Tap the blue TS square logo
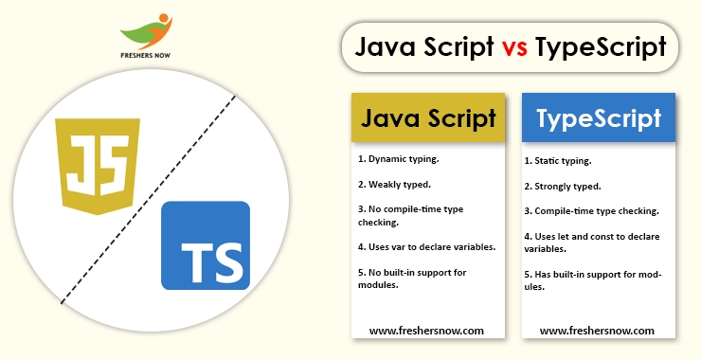click(x=205, y=244)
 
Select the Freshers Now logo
click(x=145, y=38)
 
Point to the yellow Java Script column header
click(x=429, y=118)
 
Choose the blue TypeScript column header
click(x=599, y=118)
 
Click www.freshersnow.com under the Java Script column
click(x=426, y=331)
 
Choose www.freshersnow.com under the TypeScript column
click(x=597, y=331)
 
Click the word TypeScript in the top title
click(x=600, y=48)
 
